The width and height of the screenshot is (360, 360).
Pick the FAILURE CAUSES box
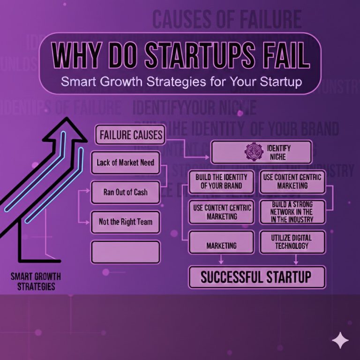point(130,136)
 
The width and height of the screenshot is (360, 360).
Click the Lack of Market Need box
point(125,163)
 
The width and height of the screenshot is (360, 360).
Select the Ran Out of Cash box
point(125,192)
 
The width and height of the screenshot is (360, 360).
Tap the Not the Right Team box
point(125,221)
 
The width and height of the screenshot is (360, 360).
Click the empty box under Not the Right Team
point(125,252)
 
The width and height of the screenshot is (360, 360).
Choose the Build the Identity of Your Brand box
point(221,181)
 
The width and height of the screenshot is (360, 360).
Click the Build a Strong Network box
point(292,212)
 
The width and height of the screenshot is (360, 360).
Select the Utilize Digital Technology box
point(292,242)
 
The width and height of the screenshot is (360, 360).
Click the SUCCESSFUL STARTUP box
point(256,277)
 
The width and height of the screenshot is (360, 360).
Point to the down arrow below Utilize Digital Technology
point(296,259)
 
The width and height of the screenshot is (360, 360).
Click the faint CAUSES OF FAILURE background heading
point(227,20)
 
